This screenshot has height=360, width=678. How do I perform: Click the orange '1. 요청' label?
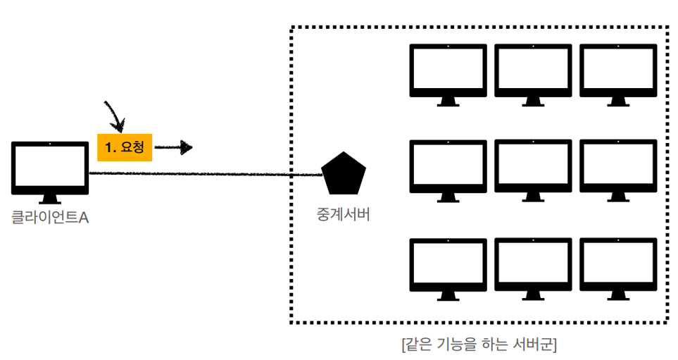pyautogui.click(x=125, y=147)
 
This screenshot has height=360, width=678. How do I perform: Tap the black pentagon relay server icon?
pyautogui.click(x=344, y=173)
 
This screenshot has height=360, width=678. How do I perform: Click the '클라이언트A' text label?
pyautogui.click(x=50, y=218)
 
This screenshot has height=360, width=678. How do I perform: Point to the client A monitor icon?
pyautogui.click(x=51, y=168)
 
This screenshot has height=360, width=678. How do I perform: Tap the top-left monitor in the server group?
pyautogui.click(x=448, y=70)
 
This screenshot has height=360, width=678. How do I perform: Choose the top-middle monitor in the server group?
pyautogui.click(x=533, y=70)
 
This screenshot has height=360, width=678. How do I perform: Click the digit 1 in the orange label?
pyautogui.click(x=108, y=147)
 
